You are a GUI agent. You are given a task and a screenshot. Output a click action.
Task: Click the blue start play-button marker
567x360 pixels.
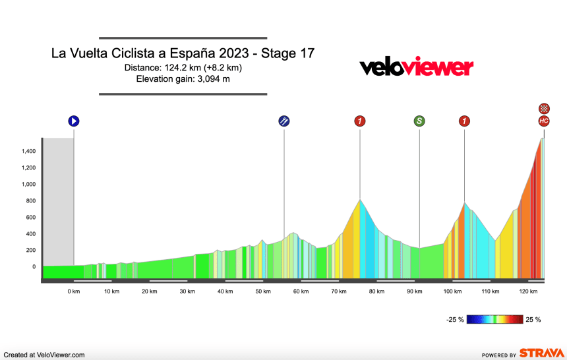tap(74, 121)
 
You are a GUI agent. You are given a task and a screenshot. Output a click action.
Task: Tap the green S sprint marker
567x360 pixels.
tap(419, 121)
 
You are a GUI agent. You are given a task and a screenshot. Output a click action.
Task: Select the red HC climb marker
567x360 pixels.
tap(543, 121)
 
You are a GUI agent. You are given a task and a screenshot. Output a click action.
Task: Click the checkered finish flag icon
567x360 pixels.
tap(543, 108)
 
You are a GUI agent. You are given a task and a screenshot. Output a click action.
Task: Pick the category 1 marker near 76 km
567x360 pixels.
tap(359, 121)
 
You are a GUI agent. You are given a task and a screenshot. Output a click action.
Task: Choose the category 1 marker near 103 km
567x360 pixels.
tap(464, 121)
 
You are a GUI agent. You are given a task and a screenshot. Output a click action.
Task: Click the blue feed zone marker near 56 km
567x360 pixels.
tap(283, 121)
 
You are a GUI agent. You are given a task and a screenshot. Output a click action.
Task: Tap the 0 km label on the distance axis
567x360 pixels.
tap(73, 291)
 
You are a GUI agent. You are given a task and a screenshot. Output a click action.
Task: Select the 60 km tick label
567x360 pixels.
tap(300, 291)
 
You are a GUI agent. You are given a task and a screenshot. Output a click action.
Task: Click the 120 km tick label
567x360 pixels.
tap(527, 291)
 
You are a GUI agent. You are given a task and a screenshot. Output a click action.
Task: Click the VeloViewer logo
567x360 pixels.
tap(415, 67)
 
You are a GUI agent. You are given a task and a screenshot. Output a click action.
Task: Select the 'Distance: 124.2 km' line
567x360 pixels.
tap(183, 68)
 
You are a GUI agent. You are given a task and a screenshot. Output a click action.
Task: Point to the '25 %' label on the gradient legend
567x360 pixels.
tap(533, 320)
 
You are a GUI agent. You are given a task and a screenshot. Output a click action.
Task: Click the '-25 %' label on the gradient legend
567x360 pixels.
tap(456, 320)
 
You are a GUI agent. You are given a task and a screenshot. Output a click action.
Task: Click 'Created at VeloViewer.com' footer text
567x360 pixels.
tap(44, 355)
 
